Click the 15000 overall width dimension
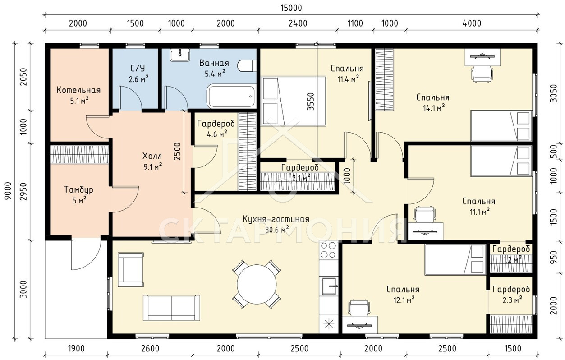[x=291, y=8]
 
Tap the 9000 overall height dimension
[x=8, y=191]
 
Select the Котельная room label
[x=78, y=90]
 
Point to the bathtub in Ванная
[x=231, y=97]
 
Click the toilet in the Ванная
[x=247, y=66]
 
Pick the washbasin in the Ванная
[x=180, y=55]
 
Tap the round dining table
[x=257, y=284]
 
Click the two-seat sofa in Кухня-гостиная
[x=171, y=308]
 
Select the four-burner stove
[x=328, y=250]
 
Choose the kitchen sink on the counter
[x=329, y=286]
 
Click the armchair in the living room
[x=131, y=269]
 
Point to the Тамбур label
[x=79, y=189]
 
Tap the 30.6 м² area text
[x=277, y=230]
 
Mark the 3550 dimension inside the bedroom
[x=311, y=101]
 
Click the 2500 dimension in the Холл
[x=177, y=152]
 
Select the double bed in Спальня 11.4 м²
[x=293, y=101]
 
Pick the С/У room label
[x=138, y=68]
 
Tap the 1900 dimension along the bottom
[x=76, y=348]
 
